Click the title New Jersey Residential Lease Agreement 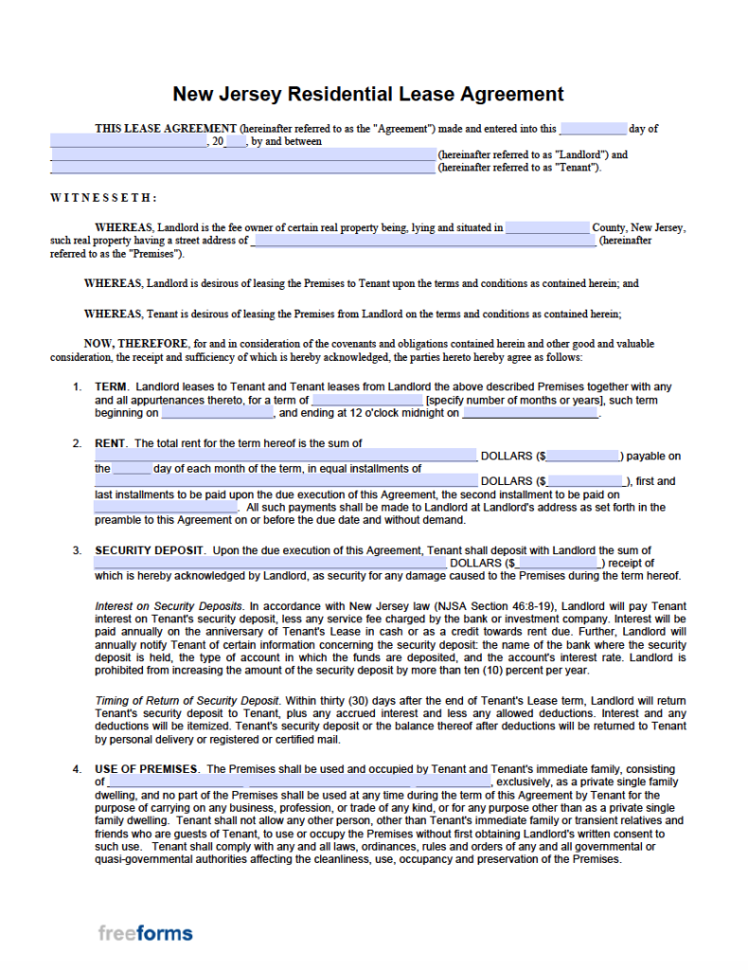[x=367, y=94]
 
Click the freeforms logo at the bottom [x=145, y=933]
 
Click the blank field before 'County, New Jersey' [x=546, y=227]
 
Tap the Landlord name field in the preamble [x=242, y=154]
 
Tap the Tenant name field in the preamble [x=242, y=168]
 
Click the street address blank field [x=423, y=241]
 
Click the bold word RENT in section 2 [x=112, y=443]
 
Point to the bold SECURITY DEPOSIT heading [x=149, y=550]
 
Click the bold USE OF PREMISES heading [x=146, y=768]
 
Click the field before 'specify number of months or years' [x=366, y=400]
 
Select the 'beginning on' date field [x=217, y=413]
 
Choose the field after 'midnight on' [x=530, y=413]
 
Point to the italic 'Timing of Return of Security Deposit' [x=187, y=701]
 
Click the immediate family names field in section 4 [x=299, y=782]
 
